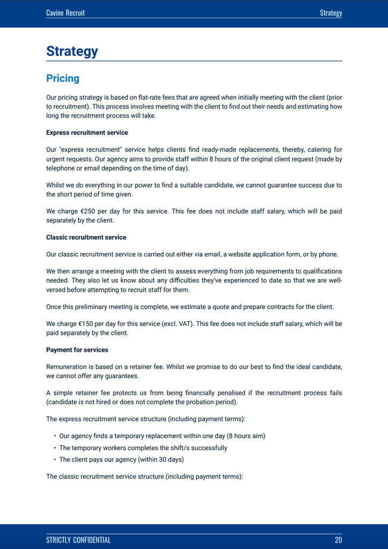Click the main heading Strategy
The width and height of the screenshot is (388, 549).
tap(72, 51)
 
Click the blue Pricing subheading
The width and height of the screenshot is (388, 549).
tap(63, 78)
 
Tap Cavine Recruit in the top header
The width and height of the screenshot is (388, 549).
tap(65, 12)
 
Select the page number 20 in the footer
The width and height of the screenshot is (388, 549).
tap(338, 540)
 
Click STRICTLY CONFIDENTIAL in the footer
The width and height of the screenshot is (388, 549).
tap(78, 540)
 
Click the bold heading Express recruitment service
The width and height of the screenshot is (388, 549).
tap(87, 132)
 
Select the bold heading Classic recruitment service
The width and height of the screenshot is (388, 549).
tap(86, 237)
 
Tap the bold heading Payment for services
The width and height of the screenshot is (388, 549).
tap(77, 350)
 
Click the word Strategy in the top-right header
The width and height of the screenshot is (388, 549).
tap(331, 12)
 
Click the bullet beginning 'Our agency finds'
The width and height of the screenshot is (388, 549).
tap(162, 436)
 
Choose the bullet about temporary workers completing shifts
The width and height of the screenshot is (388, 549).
tap(143, 448)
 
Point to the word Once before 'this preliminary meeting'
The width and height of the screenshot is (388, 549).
tap(54, 307)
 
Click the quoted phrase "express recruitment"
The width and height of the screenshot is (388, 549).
tap(88, 150)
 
